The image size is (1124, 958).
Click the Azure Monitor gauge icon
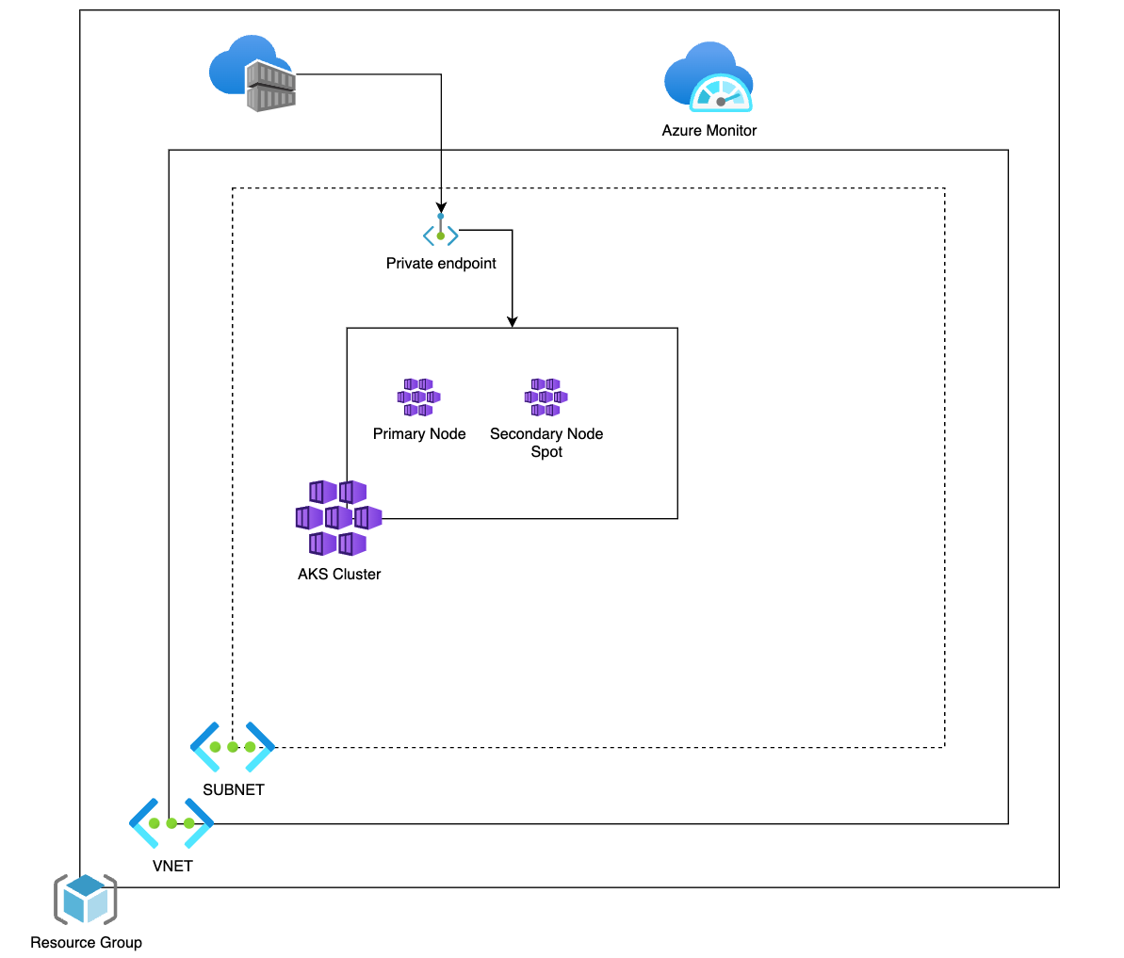(x=709, y=78)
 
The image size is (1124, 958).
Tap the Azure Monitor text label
(x=709, y=131)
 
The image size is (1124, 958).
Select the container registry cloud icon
(x=252, y=73)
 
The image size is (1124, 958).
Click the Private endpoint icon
(x=441, y=233)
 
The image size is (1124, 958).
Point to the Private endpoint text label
(x=441, y=264)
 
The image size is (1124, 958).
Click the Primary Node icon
(x=418, y=398)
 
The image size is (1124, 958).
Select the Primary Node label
(x=419, y=434)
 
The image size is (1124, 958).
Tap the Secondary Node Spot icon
(x=546, y=398)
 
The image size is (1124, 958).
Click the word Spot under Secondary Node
(x=546, y=452)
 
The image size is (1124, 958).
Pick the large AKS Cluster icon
(x=338, y=517)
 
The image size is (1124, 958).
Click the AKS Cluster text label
(x=339, y=575)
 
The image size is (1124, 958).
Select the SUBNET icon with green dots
(x=233, y=747)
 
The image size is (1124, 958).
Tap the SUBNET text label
(x=234, y=790)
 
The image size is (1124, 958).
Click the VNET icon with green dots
(x=171, y=823)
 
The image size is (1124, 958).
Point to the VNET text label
(x=172, y=867)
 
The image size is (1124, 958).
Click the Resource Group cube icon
(x=86, y=900)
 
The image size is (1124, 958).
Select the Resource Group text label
(x=86, y=943)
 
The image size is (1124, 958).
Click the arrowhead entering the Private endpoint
(x=441, y=208)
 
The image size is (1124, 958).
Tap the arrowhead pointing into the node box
(x=512, y=322)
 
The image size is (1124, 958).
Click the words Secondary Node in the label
(x=546, y=434)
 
